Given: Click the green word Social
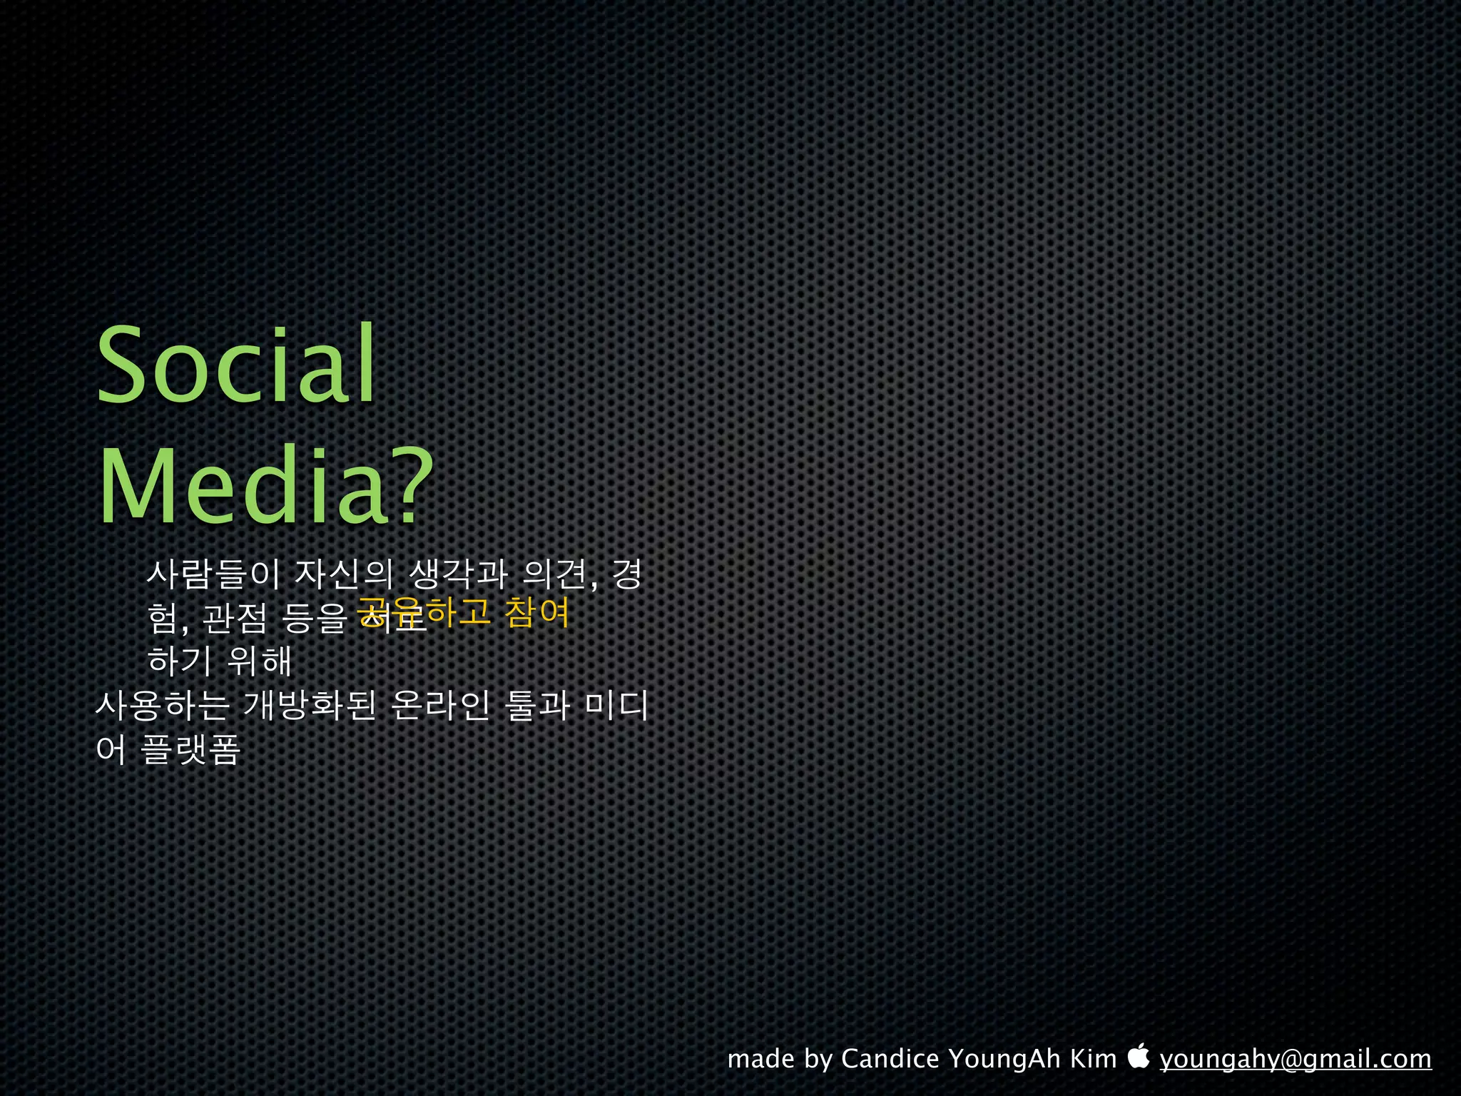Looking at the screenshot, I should point(235,365).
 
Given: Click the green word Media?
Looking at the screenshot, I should point(265,487).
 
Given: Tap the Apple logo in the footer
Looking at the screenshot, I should point(1139,1055).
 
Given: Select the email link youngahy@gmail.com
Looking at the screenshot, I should point(1295,1059).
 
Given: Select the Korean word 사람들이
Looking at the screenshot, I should point(213,574).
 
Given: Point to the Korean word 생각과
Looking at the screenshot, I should point(459,574).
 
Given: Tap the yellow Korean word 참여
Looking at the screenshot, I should point(536,612).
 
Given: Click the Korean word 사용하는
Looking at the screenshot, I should point(163,706).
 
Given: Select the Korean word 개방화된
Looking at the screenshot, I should point(309,706).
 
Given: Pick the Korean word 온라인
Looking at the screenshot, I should point(440,706).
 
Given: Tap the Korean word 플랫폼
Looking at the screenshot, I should point(190,749).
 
